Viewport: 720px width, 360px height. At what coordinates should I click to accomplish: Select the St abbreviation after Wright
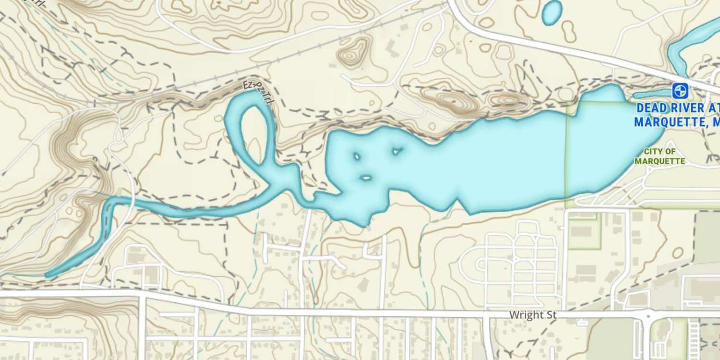(x=551, y=315)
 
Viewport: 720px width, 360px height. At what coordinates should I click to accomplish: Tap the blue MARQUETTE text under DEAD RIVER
(x=667, y=122)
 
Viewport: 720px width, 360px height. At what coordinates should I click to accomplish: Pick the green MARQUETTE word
(x=660, y=161)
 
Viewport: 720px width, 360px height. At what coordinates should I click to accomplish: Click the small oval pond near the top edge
(x=552, y=12)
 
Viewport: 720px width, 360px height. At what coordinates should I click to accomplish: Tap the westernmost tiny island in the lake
(x=357, y=156)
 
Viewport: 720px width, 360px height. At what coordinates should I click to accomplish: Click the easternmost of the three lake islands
(x=396, y=152)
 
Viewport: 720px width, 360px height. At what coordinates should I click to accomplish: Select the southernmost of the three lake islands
(x=365, y=178)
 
